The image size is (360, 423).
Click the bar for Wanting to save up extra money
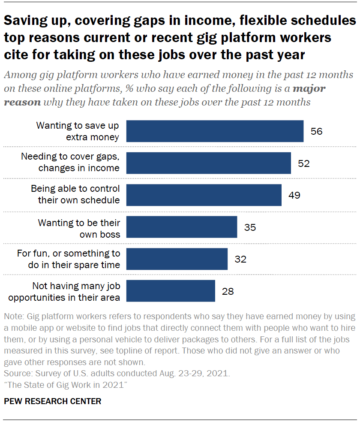[x=215, y=131]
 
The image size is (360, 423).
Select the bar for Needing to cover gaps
[x=209, y=163]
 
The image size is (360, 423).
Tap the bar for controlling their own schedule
[x=204, y=195]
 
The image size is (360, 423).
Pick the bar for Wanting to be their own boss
[x=182, y=227]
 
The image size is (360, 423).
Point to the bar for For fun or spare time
[x=177, y=259]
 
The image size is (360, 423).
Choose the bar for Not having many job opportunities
[x=171, y=291]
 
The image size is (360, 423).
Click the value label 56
[x=316, y=131]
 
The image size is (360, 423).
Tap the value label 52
[x=303, y=163]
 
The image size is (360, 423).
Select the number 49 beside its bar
[x=294, y=195]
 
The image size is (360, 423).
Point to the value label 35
[x=250, y=227]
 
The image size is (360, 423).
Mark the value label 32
[x=240, y=259]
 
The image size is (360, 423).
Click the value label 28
[x=228, y=291]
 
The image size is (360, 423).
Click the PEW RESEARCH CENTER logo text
[x=53, y=402]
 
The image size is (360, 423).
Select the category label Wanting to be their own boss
[x=79, y=229]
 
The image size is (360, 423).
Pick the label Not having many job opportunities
[x=71, y=292]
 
